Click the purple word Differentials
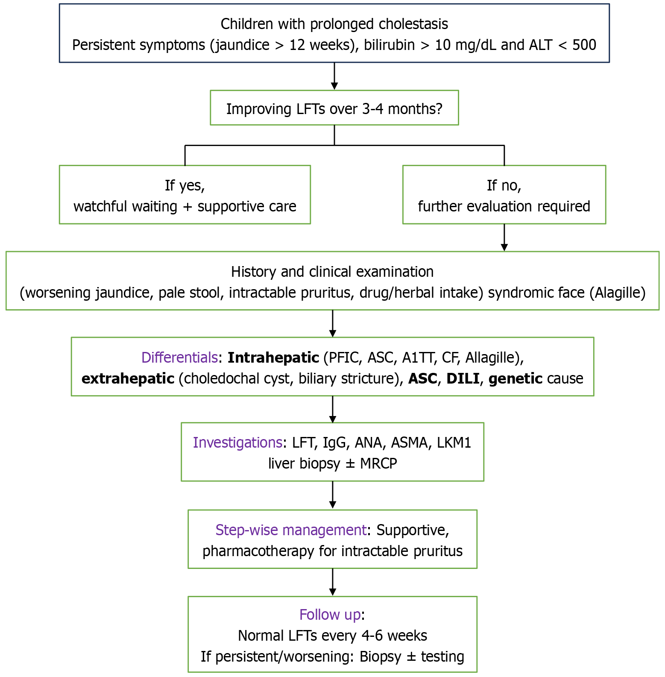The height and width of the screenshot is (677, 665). tap(179, 358)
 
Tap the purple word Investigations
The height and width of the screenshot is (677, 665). tap(237, 443)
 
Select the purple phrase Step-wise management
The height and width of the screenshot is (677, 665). tap(290, 530)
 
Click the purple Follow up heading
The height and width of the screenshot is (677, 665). tap(330, 615)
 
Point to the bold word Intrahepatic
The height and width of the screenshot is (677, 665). tap(273, 358)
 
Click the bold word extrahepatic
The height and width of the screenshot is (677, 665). tap(128, 378)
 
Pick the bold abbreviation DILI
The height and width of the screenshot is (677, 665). tap(463, 378)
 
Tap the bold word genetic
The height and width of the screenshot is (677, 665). tap(515, 378)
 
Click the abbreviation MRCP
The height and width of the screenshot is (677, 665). tap(378, 463)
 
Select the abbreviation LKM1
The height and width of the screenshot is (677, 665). tap(454, 443)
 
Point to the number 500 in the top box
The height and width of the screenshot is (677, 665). tap(584, 45)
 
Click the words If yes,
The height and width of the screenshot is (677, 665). tap(185, 185)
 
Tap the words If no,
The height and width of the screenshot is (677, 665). tap(504, 185)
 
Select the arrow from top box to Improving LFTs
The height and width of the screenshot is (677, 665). tap(334, 76)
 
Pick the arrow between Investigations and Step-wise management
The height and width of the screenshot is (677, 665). tap(332, 495)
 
